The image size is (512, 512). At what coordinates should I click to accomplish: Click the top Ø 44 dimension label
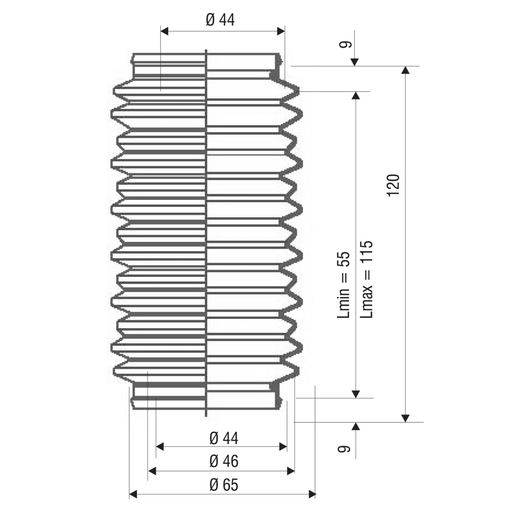220,20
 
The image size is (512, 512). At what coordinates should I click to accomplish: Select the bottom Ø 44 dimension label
224,438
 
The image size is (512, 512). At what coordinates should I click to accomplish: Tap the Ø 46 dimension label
224,461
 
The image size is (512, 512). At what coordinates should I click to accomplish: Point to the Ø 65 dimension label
224,485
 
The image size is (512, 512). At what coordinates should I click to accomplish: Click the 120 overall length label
393,185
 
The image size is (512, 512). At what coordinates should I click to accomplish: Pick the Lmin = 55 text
343,285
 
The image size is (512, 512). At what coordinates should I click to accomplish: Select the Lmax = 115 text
366,279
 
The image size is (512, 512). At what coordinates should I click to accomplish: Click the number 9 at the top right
345,44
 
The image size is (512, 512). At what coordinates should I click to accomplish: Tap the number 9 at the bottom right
343,449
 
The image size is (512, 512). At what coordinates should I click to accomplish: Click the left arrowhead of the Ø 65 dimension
133,494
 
